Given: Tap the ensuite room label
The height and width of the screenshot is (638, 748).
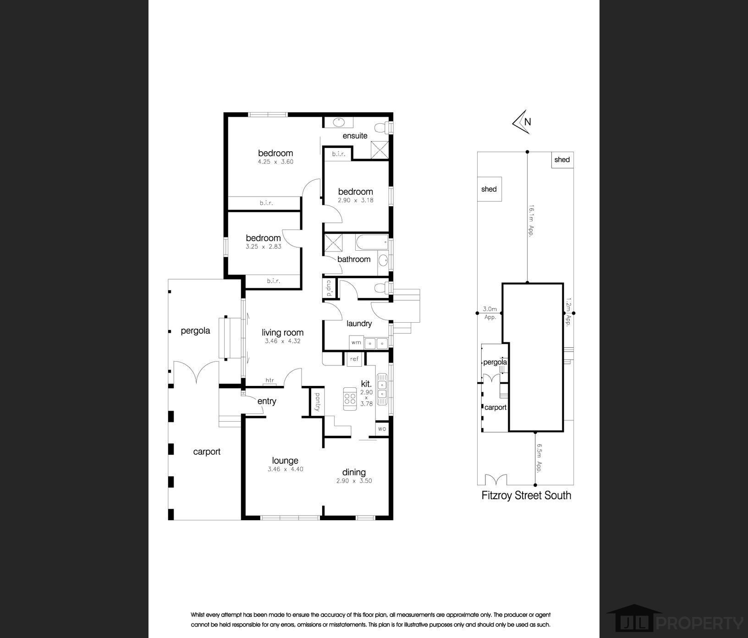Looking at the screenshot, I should click(355, 136).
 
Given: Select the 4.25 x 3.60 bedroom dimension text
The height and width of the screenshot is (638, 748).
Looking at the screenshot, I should click(275, 162).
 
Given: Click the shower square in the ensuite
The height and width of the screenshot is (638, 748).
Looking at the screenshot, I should click(379, 150).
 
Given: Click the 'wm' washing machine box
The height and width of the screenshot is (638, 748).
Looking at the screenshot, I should click(356, 342).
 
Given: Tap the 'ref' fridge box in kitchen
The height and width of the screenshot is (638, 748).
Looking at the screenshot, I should click(354, 359).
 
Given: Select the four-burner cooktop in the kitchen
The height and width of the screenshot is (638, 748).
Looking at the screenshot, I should click(350, 396).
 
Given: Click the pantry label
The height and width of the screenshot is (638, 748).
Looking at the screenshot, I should click(317, 401).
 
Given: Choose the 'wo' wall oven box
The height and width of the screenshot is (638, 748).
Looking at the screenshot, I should click(382, 429).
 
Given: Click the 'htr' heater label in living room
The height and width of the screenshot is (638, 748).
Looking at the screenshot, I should click(269, 380).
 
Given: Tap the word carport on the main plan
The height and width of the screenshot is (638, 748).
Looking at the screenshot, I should click(207, 452).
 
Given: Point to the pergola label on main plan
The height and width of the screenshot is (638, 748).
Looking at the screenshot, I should click(195, 330).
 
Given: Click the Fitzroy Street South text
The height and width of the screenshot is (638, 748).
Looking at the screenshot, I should click(526, 495).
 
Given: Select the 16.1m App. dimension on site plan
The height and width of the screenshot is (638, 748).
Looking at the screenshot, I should click(532, 220).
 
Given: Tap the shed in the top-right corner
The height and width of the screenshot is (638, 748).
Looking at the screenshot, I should click(562, 160).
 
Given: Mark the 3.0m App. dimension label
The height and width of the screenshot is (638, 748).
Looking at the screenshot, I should click(490, 313).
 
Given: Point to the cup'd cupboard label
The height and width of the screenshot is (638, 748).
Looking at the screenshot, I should click(329, 288).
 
